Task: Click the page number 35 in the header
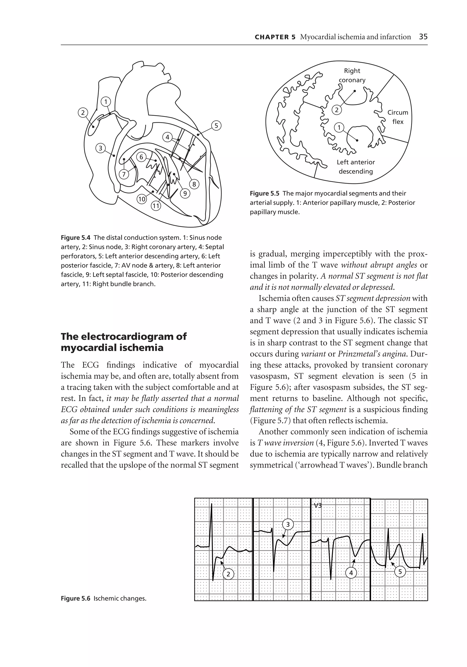[423, 37]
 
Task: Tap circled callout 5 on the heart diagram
[216, 126]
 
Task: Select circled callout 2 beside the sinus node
[83, 112]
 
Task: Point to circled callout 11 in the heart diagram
[156, 206]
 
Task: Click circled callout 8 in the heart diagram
[194, 184]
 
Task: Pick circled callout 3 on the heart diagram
[101, 148]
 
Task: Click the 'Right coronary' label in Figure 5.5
[352, 75]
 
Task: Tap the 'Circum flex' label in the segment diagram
[397, 117]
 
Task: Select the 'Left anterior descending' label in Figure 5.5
[356, 167]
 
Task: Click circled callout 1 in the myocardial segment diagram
[339, 127]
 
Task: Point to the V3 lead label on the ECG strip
[318, 505]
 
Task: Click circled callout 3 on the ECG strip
[288, 524]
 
